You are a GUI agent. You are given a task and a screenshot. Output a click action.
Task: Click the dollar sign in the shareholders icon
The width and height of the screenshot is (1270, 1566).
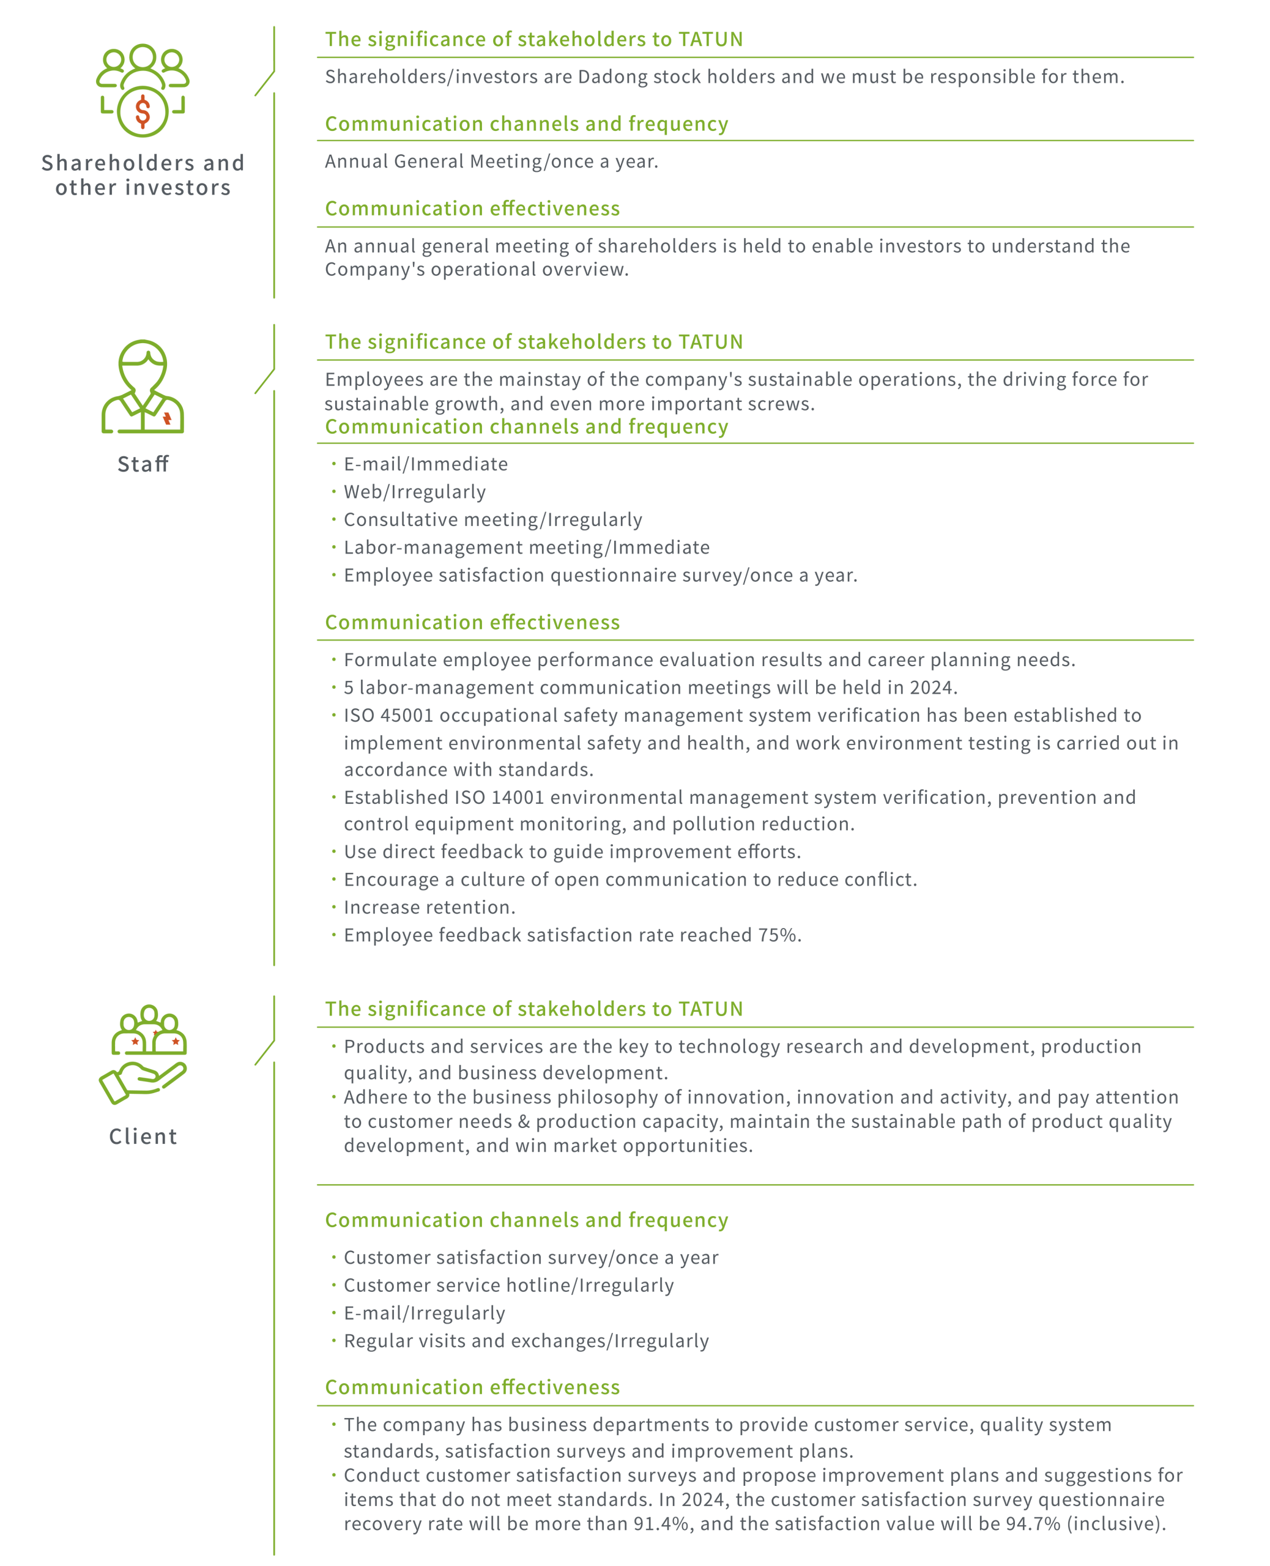143,111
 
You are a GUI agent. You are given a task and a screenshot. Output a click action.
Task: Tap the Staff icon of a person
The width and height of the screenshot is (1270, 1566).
143,386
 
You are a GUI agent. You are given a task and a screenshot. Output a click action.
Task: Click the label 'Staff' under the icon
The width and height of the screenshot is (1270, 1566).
143,464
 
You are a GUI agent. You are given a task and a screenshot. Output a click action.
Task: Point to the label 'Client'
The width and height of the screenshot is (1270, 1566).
143,1136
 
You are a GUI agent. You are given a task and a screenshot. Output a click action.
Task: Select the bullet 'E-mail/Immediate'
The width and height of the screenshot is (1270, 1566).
426,464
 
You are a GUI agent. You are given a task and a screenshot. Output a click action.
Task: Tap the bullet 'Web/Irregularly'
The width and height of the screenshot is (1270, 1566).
415,492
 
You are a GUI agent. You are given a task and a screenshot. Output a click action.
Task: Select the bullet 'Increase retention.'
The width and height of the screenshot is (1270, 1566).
429,907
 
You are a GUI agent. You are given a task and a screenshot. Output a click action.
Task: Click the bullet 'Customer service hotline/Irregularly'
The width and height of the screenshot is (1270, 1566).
508,1285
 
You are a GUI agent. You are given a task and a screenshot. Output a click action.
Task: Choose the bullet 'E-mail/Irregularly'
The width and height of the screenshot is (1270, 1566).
425,1313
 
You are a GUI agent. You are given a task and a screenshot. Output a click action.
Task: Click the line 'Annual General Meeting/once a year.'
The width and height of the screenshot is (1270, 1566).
492,161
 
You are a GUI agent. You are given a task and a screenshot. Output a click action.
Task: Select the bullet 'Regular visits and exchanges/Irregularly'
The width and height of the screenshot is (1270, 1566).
526,1341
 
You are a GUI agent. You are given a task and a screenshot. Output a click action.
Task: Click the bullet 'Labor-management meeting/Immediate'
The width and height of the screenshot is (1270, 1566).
527,547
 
